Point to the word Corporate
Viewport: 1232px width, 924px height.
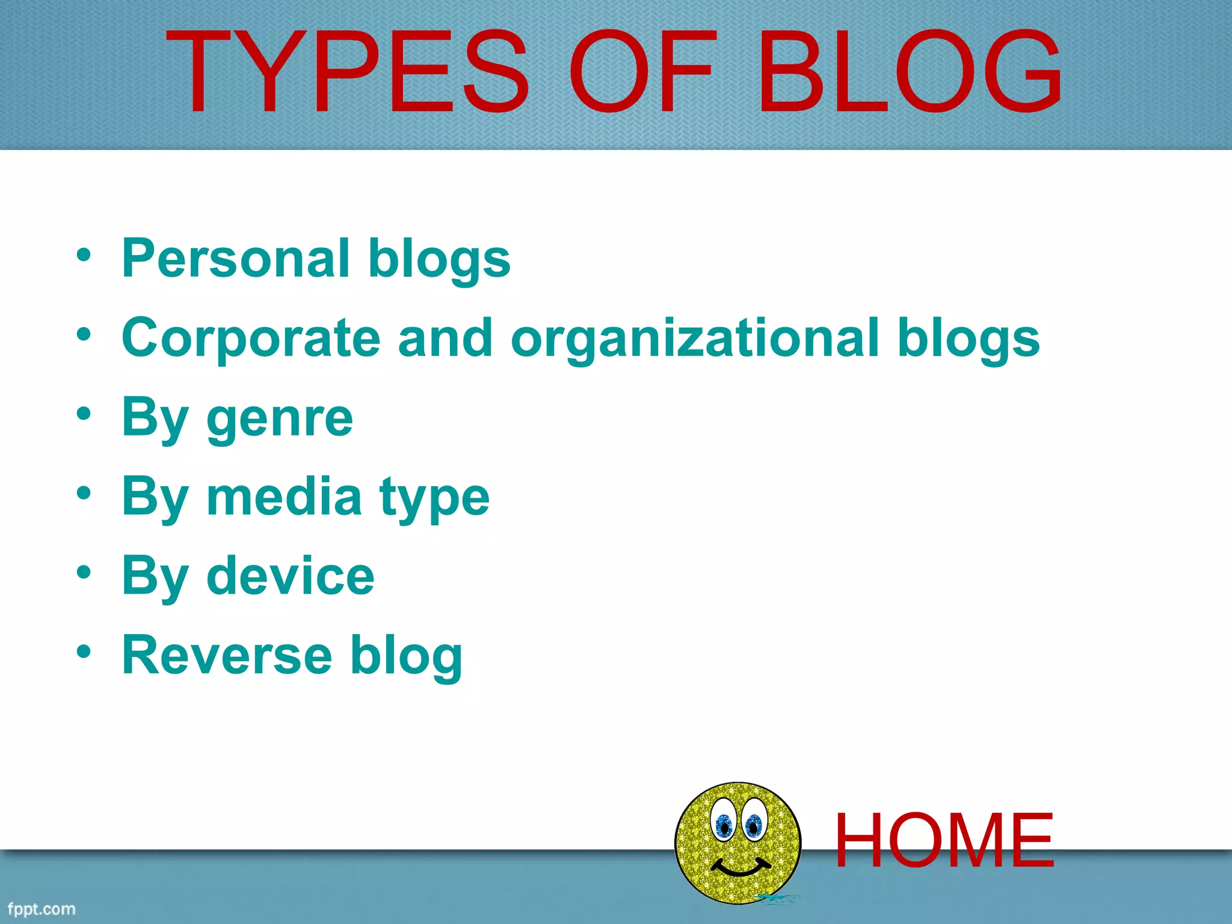(251, 338)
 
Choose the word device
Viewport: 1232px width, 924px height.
(290, 576)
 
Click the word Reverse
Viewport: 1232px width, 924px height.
(227, 655)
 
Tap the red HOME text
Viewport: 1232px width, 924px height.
(944, 841)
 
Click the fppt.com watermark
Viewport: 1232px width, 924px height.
(42, 908)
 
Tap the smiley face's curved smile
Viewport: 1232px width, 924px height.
(741, 869)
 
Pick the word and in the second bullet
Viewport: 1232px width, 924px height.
(445, 338)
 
